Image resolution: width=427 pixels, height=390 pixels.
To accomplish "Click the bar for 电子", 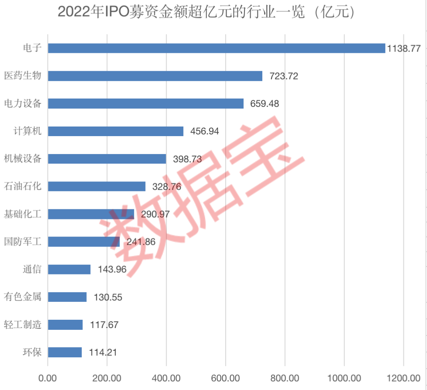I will click(217, 48).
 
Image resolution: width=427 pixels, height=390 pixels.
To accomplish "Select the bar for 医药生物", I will click(155, 76).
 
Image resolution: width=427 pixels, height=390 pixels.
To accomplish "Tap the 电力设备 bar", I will click(146, 103).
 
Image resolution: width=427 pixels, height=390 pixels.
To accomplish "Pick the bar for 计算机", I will click(115, 131).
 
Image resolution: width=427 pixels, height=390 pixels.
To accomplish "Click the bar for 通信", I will click(69, 270).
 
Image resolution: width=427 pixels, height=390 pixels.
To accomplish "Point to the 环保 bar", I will click(65, 352).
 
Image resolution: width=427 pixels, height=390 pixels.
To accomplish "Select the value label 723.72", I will click(284, 76).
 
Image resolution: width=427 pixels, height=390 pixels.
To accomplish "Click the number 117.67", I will click(104, 325).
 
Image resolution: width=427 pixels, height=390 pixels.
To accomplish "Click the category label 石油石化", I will click(23, 186).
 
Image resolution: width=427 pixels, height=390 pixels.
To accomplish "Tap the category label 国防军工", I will click(23, 242).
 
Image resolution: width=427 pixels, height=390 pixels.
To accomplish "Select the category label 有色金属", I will click(23, 297).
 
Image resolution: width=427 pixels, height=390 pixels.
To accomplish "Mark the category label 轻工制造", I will click(23, 325).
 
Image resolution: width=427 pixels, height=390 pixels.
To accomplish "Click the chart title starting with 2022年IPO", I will click(207, 12).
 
